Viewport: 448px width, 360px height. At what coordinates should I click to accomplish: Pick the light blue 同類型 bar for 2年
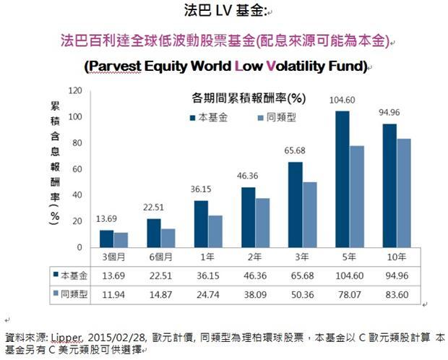[x=263, y=223]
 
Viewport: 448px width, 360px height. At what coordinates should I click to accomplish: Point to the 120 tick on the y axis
[x=74, y=90]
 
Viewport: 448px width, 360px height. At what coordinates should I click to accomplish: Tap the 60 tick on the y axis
[x=76, y=169]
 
